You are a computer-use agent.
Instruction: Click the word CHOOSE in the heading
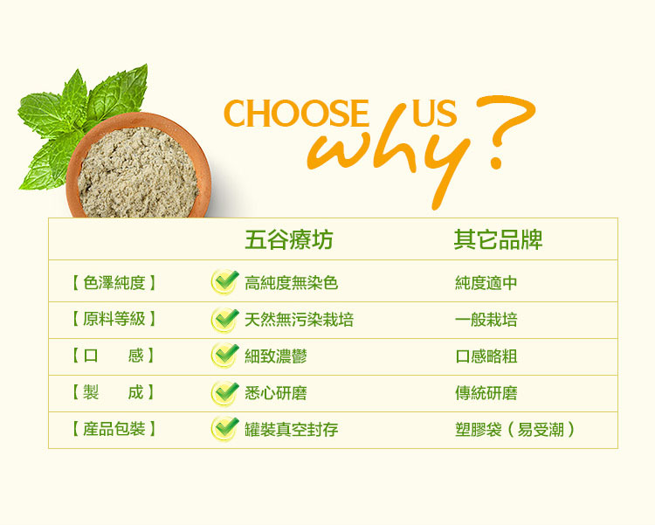296,113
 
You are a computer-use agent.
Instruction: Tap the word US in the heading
434,113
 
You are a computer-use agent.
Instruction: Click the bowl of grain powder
138,166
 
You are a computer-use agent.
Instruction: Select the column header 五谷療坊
289,239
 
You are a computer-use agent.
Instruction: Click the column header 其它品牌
498,239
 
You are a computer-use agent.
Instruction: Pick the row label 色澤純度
114,283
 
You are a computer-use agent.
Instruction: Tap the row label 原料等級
114,320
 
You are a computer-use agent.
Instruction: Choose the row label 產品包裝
114,429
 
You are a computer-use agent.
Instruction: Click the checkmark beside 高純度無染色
224,282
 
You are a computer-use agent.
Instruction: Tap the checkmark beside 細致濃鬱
224,356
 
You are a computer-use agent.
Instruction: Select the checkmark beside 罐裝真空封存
224,428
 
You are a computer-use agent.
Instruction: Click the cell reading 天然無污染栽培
299,320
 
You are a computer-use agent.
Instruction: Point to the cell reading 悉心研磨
276,393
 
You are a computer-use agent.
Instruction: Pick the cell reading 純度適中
486,283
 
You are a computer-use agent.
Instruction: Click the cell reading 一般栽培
486,320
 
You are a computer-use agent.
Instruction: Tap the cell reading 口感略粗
486,356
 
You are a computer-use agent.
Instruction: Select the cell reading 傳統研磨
486,393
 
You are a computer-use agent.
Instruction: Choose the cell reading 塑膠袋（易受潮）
514,430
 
